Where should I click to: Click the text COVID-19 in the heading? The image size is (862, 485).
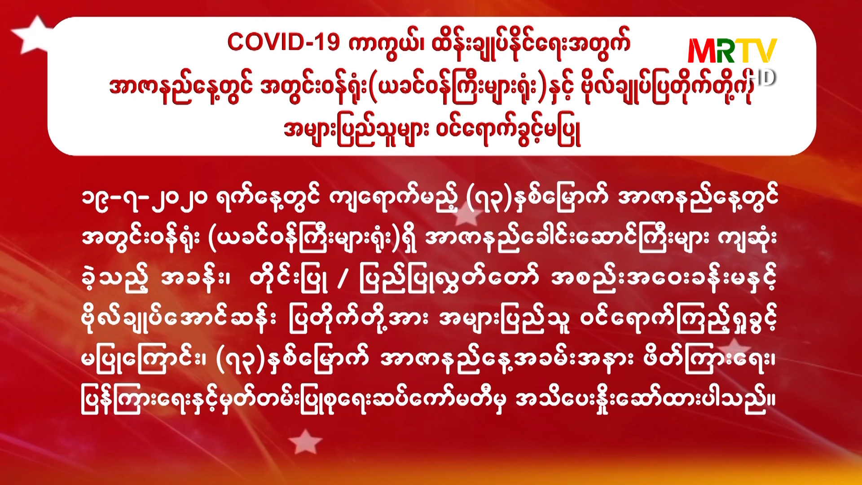coord(283,43)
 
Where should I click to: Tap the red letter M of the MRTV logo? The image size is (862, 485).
coord(704,50)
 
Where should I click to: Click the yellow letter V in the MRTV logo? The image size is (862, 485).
coord(765,50)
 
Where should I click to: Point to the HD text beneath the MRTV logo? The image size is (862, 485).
coord(763,77)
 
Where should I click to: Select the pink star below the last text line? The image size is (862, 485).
coord(305,441)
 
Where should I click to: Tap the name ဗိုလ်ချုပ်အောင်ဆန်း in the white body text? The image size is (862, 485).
coord(179,320)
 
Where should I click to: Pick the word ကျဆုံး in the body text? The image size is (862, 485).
coord(747,238)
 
